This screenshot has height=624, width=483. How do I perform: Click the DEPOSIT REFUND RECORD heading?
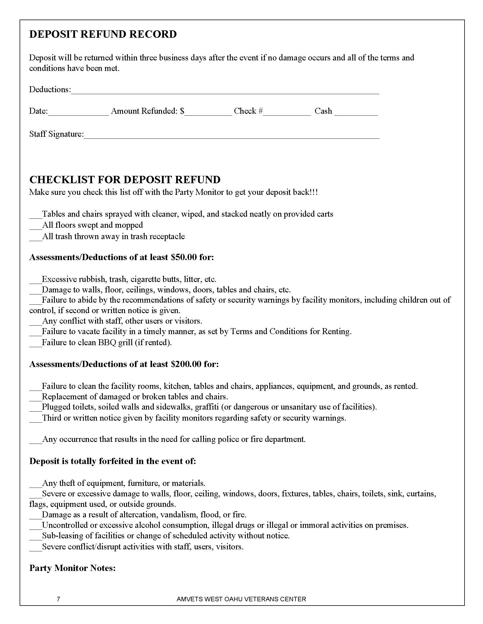click(x=103, y=34)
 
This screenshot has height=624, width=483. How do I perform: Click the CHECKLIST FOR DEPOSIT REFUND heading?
click(x=125, y=180)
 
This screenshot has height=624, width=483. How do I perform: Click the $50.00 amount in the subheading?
click(x=184, y=257)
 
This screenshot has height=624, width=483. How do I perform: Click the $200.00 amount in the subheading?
click(x=186, y=364)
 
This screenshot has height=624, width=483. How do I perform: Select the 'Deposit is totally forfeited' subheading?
click(x=113, y=461)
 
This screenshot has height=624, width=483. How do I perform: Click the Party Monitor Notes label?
click(x=72, y=568)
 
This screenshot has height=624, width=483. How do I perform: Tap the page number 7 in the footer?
click(x=58, y=599)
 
